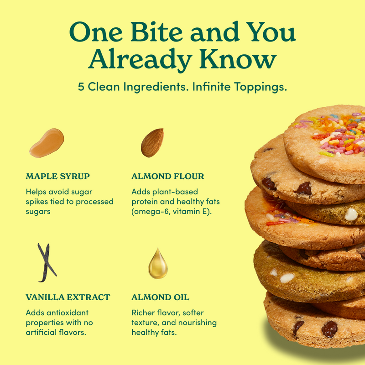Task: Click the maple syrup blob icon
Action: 47,143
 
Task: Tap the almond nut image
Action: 152,142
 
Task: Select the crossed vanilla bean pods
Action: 47,263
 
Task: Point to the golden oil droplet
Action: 158,264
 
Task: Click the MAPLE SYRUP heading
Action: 58,176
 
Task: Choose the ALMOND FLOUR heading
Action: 167,176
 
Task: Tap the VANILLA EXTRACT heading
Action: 68,297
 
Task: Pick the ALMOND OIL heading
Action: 161,297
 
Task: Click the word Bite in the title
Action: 156,32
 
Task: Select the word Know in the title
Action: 238,59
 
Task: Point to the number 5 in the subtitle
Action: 81,87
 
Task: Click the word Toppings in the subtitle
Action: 261,87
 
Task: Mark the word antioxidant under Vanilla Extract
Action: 67,313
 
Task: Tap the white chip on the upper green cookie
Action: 351,214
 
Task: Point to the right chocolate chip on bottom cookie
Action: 329,329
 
